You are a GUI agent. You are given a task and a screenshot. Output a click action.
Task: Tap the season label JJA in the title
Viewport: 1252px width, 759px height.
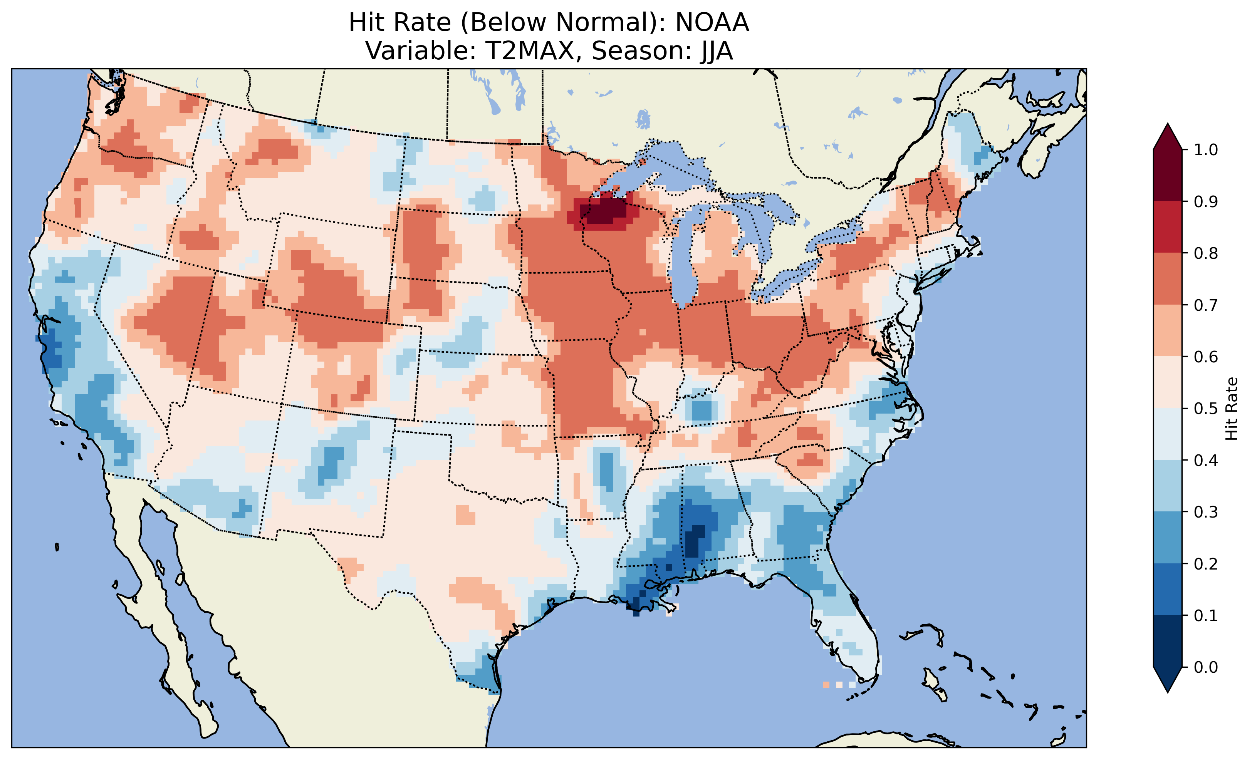point(716,51)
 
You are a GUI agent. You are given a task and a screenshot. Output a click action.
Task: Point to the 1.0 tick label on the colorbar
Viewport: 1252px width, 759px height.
point(1206,150)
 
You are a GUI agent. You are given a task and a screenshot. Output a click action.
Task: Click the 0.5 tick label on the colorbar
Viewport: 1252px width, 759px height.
point(1206,409)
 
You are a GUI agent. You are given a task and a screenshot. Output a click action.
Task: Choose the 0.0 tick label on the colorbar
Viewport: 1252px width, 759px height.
point(1206,667)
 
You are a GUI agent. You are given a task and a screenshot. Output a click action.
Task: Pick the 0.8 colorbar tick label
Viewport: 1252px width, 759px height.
point(1206,253)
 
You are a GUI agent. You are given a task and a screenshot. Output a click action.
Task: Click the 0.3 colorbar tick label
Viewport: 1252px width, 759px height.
point(1206,512)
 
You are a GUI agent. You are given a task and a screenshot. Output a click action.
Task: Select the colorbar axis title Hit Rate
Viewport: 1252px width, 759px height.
point(1232,409)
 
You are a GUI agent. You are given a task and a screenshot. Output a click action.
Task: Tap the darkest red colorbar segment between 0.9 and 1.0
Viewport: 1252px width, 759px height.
point(1168,175)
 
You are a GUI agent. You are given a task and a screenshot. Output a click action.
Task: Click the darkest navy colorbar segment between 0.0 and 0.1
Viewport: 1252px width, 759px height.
point(1168,641)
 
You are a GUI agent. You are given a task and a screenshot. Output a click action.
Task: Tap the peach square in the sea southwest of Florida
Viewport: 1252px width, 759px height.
point(826,685)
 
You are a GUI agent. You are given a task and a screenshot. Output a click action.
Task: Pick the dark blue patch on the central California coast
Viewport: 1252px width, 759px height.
point(52,350)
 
